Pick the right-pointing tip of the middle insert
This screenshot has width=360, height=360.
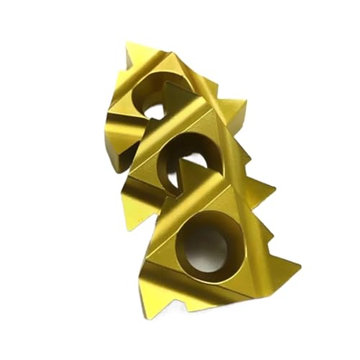click(275, 190)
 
